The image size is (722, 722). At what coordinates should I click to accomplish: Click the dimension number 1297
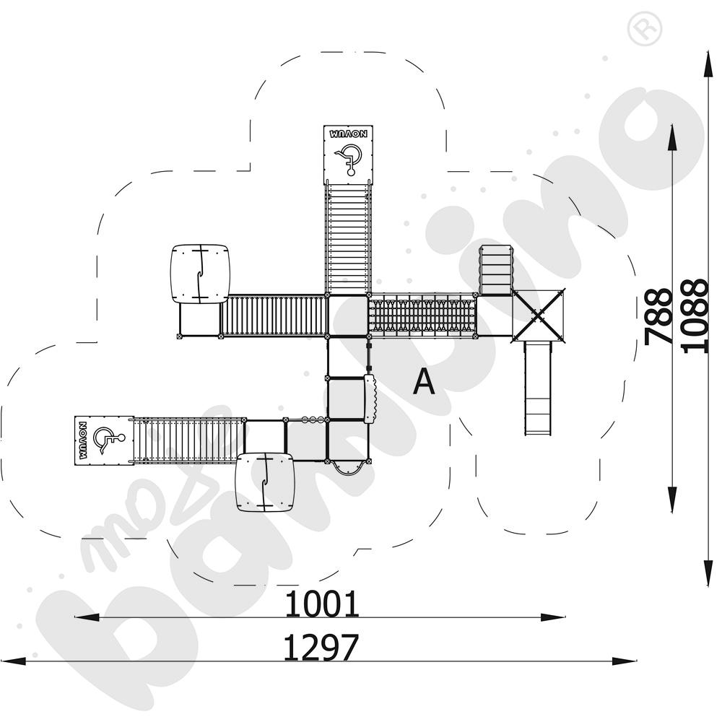pos(321,648)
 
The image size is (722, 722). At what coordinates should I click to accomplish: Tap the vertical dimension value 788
pos(658,316)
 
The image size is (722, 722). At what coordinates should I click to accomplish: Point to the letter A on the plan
pos(424,382)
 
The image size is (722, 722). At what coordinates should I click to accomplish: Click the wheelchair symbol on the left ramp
pos(108,439)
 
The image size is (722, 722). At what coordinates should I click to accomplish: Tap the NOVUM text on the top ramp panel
pos(349,134)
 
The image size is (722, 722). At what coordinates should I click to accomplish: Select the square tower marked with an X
pos(538,315)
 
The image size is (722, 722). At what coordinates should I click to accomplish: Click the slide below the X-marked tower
pos(537,388)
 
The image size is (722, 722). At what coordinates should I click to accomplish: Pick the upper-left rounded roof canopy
pos(200,274)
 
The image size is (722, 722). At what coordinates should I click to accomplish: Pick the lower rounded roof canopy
pos(266,482)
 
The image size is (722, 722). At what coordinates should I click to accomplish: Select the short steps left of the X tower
pos(496,270)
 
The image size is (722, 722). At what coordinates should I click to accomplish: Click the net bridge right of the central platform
pos(422,316)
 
